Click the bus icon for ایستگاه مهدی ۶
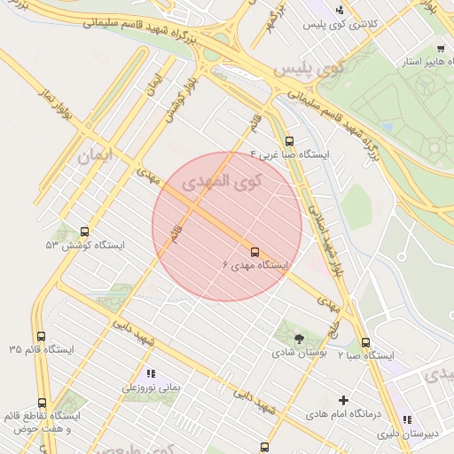click(255, 252)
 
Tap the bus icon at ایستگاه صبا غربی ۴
click(289, 141)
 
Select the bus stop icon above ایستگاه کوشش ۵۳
click(84, 231)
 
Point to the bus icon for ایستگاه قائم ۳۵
click(41, 336)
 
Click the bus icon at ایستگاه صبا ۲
click(365, 342)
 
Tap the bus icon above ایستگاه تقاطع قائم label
click(42, 403)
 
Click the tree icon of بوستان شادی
click(298, 338)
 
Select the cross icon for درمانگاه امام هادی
click(344, 400)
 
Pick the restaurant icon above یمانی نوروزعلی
click(150, 373)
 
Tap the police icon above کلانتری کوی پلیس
click(340, 11)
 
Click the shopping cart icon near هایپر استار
click(441, 49)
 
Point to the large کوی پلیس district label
click(309, 68)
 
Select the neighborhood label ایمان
click(97, 156)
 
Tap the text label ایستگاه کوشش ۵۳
click(85, 245)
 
